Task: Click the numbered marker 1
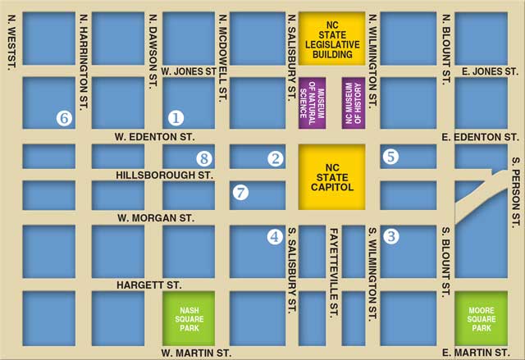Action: coord(176,118)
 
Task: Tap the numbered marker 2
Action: coord(276,158)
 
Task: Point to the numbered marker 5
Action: coord(390,156)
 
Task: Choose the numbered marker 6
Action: coord(64,118)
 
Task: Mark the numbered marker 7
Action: coord(240,194)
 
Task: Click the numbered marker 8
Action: coord(204,158)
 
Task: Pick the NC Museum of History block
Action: coord(353,103)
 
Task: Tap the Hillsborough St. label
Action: coord(164,175)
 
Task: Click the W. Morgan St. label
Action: coord(156,218)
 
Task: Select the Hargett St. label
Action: coord(149,285)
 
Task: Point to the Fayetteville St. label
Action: coord(334,271)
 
